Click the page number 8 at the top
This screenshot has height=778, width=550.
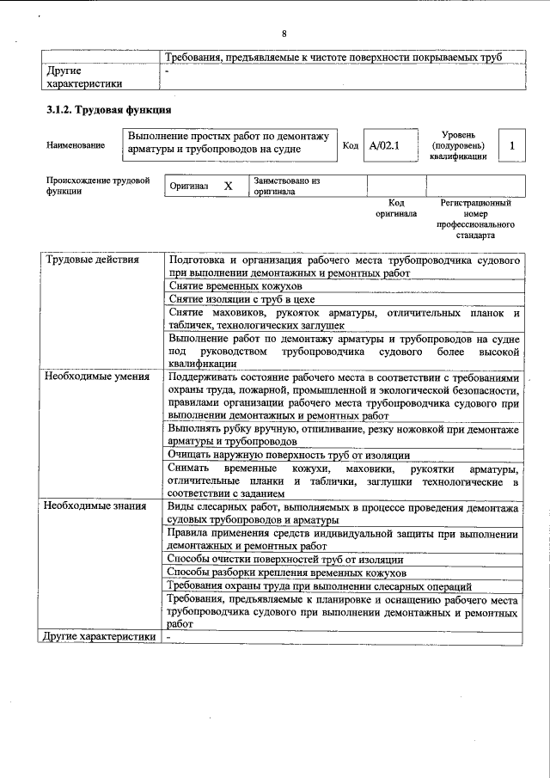click(283, 34)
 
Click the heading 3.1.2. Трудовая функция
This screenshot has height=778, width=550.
click(108, 110)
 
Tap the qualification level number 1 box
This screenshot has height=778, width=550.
click(512, 146)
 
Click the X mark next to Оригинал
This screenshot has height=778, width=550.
click(228, 186)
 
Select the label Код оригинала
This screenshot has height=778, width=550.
click(395, 208)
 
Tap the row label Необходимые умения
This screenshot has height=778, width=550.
click(96, 377)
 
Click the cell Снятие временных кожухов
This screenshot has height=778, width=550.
click(235, 285)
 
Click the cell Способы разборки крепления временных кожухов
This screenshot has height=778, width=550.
click(285, 573)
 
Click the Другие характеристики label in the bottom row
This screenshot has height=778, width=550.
click(100, 637)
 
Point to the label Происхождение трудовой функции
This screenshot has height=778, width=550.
click(98, 187)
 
